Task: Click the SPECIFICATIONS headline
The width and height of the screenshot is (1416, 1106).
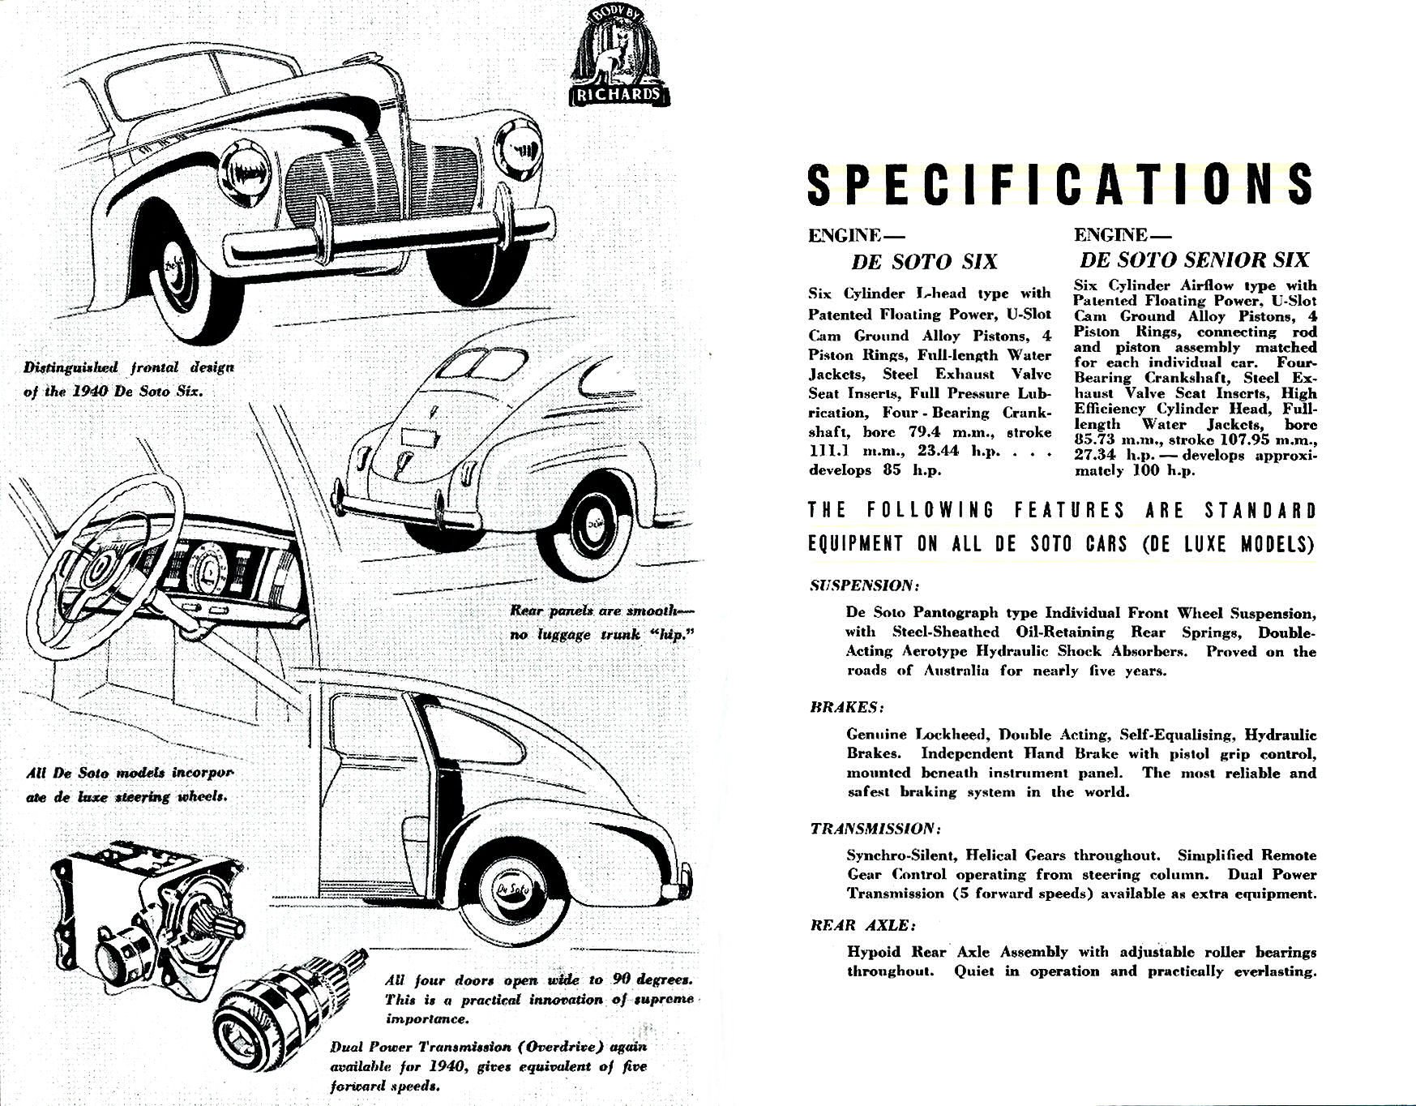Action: pos(1060,185)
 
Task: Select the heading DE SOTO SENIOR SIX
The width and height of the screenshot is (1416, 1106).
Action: pos(1195,259)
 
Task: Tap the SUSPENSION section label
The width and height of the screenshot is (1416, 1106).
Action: pos(864,585)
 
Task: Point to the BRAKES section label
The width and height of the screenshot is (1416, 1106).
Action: pos(847,707)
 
